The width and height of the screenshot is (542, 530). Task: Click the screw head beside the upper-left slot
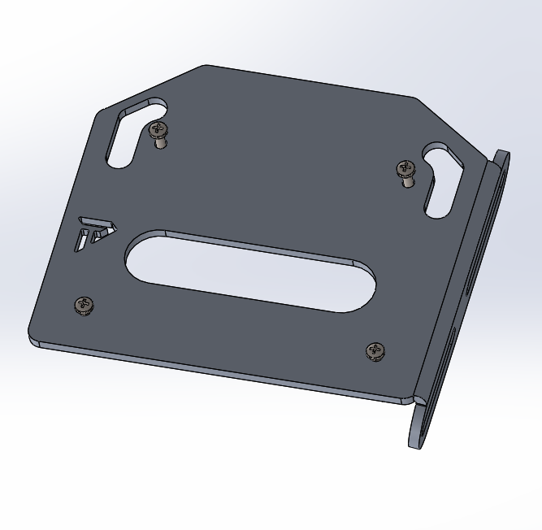(158, 128)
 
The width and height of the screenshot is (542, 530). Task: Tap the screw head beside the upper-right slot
(406, 168)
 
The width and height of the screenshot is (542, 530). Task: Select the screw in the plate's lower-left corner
(84, 305)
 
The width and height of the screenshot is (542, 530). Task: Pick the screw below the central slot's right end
(375, 351)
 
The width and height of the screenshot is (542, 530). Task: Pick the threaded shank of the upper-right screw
(408, 181)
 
